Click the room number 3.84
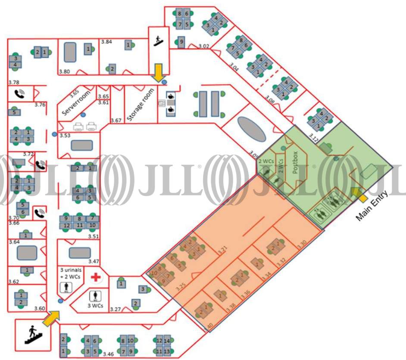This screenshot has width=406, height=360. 106,42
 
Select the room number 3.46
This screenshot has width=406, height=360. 108,354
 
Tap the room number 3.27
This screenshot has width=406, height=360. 115,309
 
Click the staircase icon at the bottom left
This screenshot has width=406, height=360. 32,334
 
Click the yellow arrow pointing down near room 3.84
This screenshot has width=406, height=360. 159,72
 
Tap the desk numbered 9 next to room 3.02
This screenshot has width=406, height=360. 181,42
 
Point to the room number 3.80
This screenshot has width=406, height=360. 64,71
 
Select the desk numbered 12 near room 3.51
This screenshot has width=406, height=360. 67,225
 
